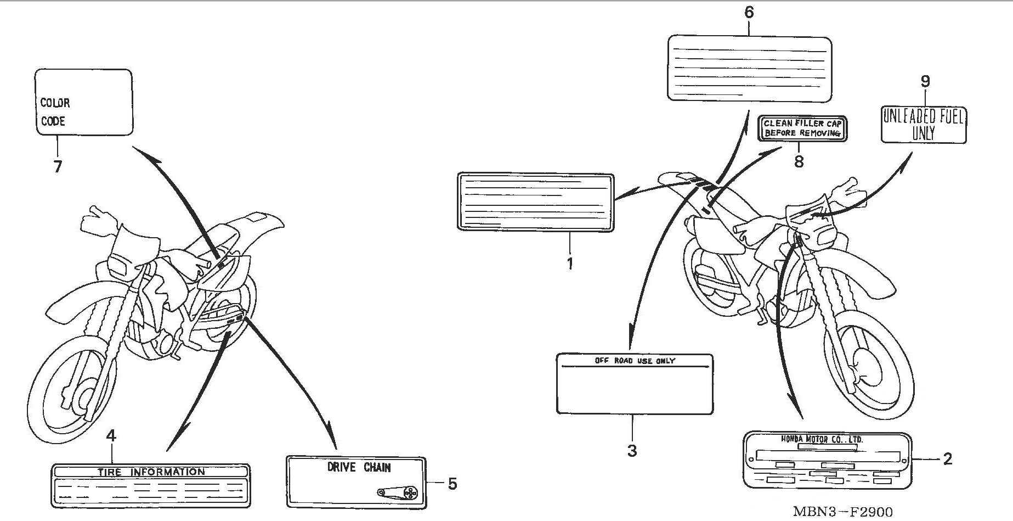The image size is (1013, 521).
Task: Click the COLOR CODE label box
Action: pyautogui.click(x=83, y=102)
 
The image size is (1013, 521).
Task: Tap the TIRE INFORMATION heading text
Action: pyautogui.click(x=151, y=472)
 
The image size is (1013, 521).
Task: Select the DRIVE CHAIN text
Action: pyautogui.click(x=359, y=468)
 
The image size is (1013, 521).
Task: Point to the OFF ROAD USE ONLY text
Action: pyautogui.click(x=635, y=361)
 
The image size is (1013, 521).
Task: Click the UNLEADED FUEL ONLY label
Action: pyautogui.click(x=924, y=125)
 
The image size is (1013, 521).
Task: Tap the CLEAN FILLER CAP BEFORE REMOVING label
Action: pyautogui.click(x=802, y=128)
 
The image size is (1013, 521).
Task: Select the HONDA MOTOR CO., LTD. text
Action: pyautogui.click(x=822, y=439)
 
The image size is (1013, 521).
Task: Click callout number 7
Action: pyautogui.click(x=58, y=166)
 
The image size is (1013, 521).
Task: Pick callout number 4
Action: pyautogui.click(x=111, y=436)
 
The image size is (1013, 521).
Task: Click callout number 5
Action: pyautogui.click(x=452, y=484)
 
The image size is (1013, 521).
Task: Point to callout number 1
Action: pyautogui.click(x=570, y=264)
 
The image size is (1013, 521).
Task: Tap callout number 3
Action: pyautogui.click(x=632, y=451)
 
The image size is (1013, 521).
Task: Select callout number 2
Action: pyautogui.click(x=947, y=459)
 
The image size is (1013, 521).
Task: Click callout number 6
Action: pyautogui.click(x=749, y=12)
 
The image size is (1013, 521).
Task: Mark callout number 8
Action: pyautogui.click(x=799, y=162)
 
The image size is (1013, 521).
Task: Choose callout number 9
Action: pyautogui.click(x=925, y=82)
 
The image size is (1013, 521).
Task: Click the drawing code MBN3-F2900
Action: pyautogui.click(x=842, y=512)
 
